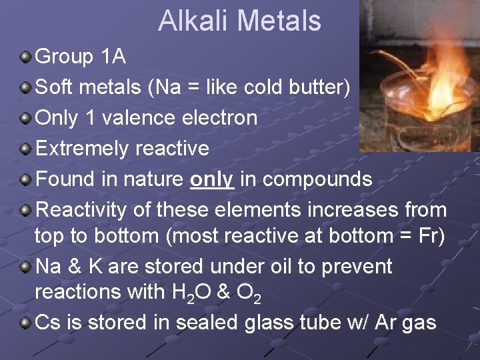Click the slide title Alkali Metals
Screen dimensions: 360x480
[x=239, y=21]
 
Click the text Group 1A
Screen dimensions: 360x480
[x=80, y=57]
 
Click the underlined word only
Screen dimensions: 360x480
[x=211, y=179]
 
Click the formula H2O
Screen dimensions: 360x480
[x=199, y=292]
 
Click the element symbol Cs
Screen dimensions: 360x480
[x=47, y=323]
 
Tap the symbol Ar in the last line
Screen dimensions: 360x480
[x=386, y=323]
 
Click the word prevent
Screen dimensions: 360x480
[x=360, y=266]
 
